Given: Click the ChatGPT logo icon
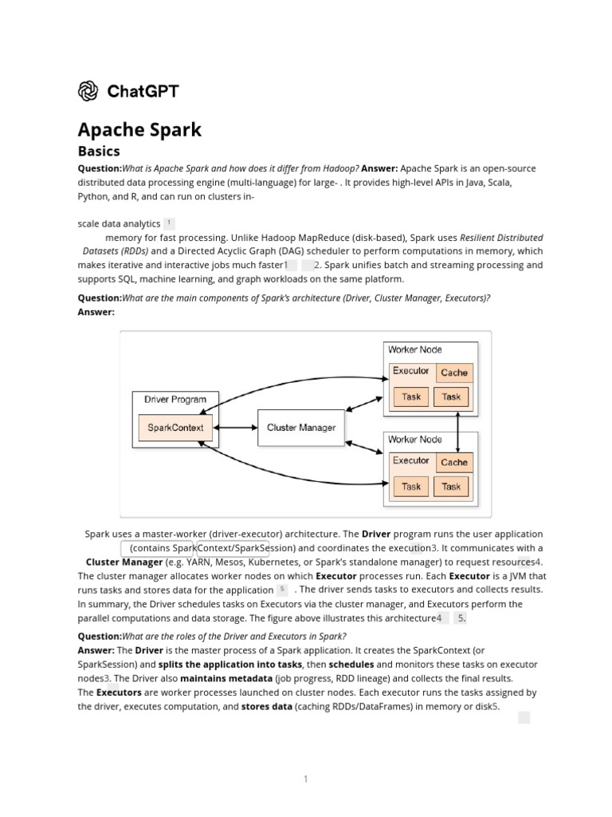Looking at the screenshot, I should [x=88, y=91].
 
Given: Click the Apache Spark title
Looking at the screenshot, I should [x=139, y=129].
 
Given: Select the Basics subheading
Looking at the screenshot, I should [x=99, y=151].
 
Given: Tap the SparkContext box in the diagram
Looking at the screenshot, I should [x=175, y=427].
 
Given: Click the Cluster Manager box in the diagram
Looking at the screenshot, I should [x=301, y=427].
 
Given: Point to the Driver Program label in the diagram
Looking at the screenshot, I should [x=175, y=400].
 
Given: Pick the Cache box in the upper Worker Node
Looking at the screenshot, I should [x=454, y=373].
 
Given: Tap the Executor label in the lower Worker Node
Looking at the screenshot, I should [x=411, y=461].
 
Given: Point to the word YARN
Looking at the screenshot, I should [x=199, y=562].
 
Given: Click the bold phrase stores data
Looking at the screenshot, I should [x=266, y=706].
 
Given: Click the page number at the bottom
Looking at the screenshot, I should [x=305, y=780].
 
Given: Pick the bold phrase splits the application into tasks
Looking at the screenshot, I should [x=230, y=664].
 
